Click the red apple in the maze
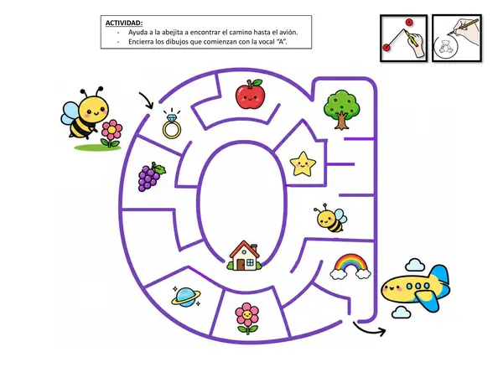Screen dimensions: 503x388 pos(250,94)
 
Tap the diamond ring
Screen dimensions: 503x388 pos(172,124)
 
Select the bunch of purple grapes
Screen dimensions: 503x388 pos(152,177)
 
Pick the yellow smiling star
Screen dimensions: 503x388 pos(303,164)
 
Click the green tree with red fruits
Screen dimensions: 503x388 pos(342,110)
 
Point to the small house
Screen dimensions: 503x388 pos(245,256)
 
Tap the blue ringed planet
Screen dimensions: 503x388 pos(186,297)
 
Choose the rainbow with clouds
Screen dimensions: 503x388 pos(350,266)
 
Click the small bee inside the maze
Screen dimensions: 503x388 pos(330,219)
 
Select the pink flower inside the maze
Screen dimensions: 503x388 pos(246,318)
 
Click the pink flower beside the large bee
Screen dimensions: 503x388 pos(111,134)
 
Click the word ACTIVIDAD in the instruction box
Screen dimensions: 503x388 pos(124,23)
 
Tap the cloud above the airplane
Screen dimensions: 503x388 pos(415,265)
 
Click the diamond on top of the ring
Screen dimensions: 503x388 pos(172,118)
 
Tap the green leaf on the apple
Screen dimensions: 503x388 pos(257,83)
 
